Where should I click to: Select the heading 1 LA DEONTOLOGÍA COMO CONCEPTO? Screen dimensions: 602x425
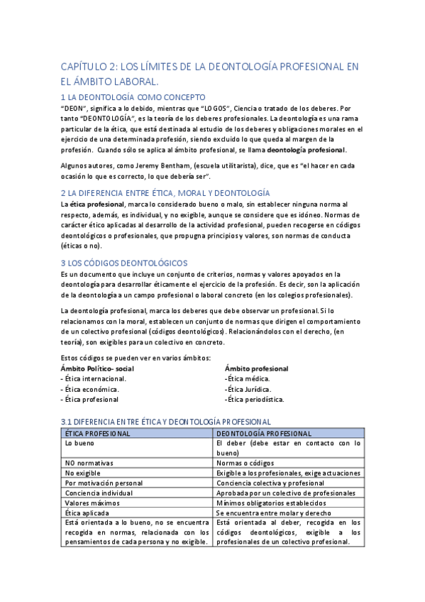coord(133,97)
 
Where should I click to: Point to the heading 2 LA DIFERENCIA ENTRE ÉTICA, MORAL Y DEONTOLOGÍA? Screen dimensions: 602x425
coord(165,192)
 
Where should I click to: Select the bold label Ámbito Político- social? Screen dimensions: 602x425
coord(97,368)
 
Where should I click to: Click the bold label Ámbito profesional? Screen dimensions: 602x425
coord(256,368)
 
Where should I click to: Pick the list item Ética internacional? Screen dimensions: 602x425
coord(92,378)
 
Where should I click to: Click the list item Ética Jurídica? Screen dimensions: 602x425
coord(248,389)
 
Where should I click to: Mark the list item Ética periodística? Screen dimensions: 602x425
coord(255,399)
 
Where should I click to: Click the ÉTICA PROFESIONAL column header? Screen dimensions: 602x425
coord(97,433)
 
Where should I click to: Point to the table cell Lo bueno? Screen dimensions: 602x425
coord(79,443)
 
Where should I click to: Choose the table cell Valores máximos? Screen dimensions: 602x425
coord(91,503)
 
